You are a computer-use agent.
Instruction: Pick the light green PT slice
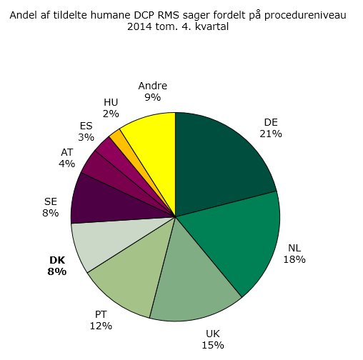(132, 275)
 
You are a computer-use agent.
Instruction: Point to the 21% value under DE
(271, 133)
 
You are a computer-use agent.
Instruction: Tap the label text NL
(294, 248)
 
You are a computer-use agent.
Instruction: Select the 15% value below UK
(213, 345)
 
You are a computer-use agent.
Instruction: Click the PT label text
(101, 314)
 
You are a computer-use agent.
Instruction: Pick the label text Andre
(152, 86)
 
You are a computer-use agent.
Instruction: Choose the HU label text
(111, 102)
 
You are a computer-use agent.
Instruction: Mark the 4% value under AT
(66, 163)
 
